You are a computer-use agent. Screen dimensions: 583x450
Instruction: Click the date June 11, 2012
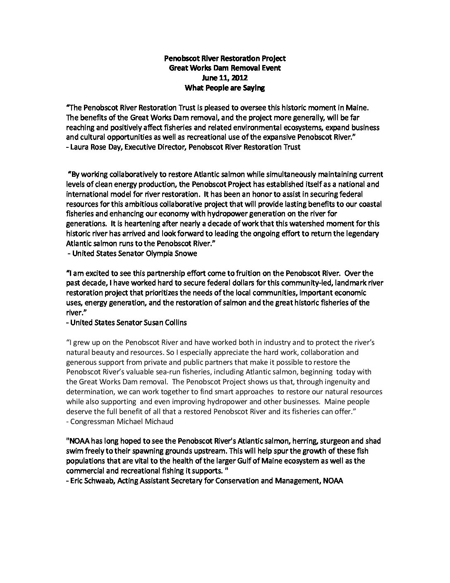225,77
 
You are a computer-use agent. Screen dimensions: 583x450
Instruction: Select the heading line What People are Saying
225,87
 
